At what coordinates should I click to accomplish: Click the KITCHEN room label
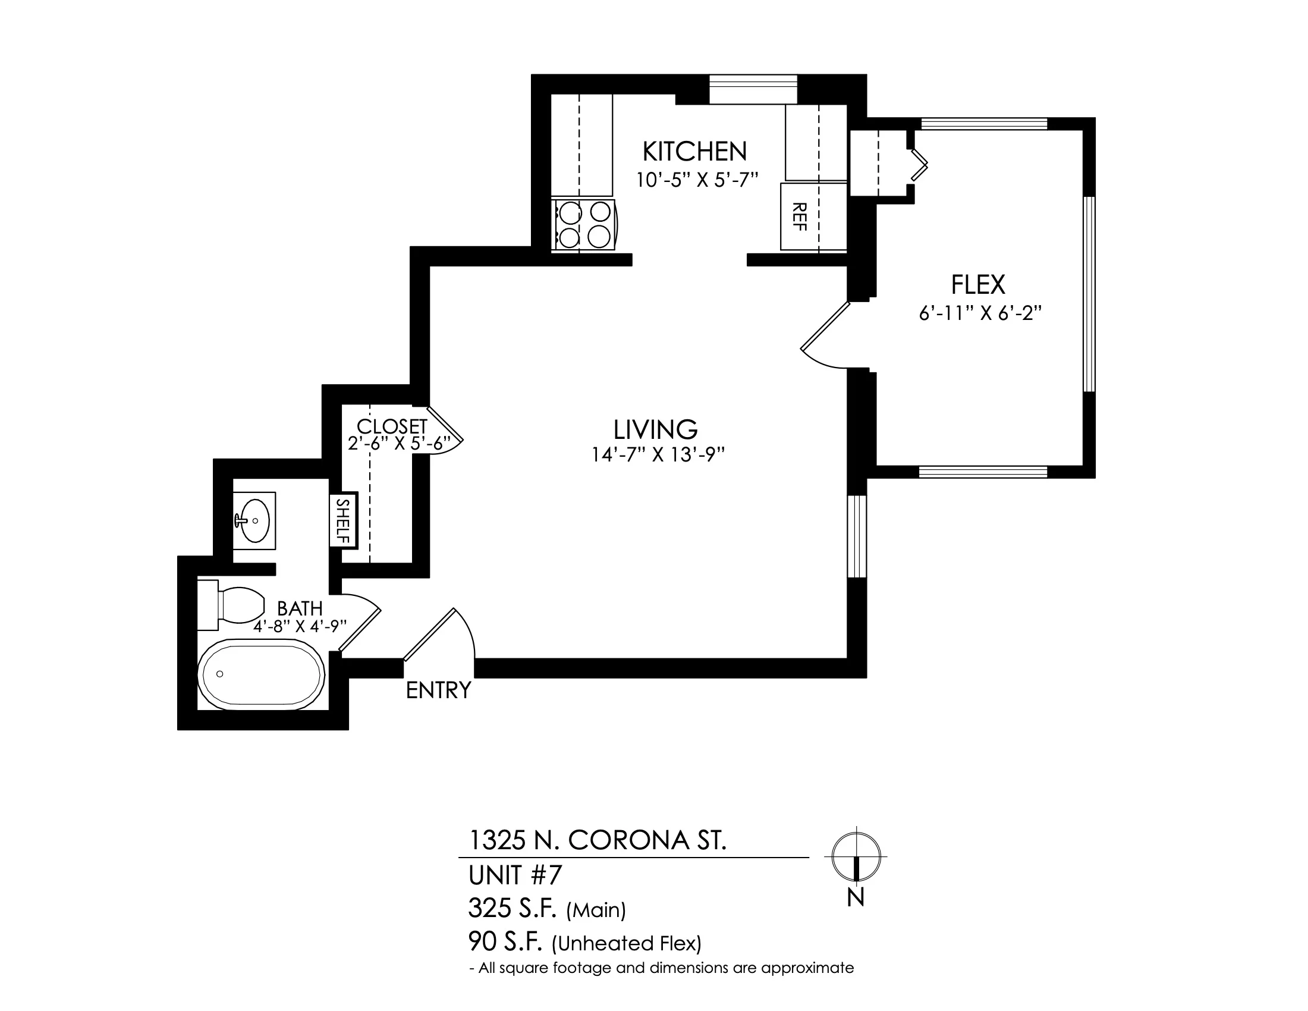pos(694,152)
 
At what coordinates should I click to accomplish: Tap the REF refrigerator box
pos(813,216)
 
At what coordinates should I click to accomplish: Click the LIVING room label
pos(656,429)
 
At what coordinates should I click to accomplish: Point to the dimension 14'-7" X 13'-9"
pos(659,455)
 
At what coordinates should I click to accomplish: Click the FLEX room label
pos(979,284)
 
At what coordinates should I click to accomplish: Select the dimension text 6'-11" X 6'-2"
pos(981,313)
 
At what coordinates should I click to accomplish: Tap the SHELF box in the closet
pos(344,520)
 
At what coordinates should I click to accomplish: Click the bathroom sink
pos(254,520)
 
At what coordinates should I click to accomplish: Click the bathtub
pos(261,674)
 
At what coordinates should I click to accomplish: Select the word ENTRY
pos(438,690)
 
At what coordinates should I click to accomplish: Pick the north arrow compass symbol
pos(856,856)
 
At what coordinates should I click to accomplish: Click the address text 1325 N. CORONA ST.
pos(597,840)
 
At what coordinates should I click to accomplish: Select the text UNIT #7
pos(515,875)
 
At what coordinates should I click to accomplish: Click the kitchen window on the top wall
pos(753,89)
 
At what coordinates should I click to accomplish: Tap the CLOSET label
pos(392,426)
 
